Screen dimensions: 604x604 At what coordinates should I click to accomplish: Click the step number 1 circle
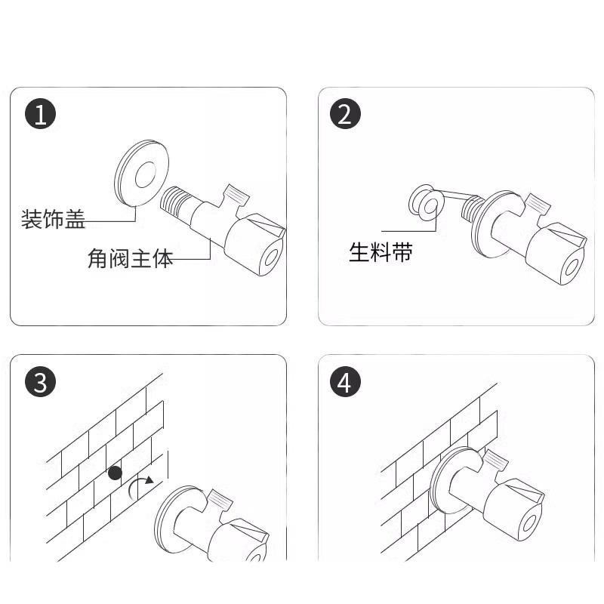coord(41,114)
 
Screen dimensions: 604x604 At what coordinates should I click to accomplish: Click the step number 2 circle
coord(345,114)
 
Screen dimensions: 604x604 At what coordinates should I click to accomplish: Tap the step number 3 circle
coord(41,383)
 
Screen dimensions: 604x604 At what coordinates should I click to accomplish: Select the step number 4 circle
coord(345,383)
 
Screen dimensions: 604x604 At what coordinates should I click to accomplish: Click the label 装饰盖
coord(53,219)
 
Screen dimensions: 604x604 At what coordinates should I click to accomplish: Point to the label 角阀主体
coord(131,258)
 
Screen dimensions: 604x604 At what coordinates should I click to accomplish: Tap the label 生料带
coord(381,252)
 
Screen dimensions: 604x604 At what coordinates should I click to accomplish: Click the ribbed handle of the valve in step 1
coord(236,196)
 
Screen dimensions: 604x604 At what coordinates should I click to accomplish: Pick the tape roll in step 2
coord(427,203)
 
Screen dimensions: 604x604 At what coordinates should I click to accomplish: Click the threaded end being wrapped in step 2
coord(472,208)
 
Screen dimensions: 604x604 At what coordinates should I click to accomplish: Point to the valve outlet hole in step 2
coord(573,267)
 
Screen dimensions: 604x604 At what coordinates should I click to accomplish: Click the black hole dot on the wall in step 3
coord(116,473)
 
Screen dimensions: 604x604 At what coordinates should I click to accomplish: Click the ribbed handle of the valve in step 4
coord(495,460)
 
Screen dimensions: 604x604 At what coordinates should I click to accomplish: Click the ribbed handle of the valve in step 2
coord(538,203)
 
